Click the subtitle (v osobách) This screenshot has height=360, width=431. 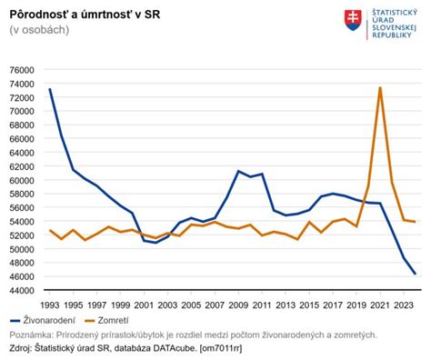(39, 30)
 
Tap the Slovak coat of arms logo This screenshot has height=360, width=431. (353, 19)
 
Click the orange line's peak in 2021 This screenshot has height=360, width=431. (379, 87)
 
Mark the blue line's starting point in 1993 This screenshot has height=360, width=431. (49, 89)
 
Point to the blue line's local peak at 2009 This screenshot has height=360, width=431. (237, 171)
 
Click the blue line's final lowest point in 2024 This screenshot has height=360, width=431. (415, 274)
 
